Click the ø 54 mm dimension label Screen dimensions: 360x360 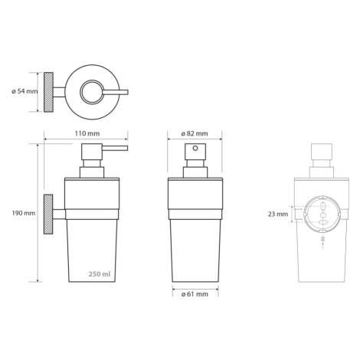tap(25, 91)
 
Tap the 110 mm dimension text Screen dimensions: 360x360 tap(87, 133)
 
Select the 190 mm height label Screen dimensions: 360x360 tap(24, 213)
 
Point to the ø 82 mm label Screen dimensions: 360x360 tap(195, 133)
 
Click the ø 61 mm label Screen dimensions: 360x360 tap(195, 294)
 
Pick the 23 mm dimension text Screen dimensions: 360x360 tap(278, 214)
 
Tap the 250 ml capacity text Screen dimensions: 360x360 tap(100, 274)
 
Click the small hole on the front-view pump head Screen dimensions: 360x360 tap(195, 148)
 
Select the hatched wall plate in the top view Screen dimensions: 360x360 tap(48, 92)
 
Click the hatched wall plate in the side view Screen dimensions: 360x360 tap(48, 214)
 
